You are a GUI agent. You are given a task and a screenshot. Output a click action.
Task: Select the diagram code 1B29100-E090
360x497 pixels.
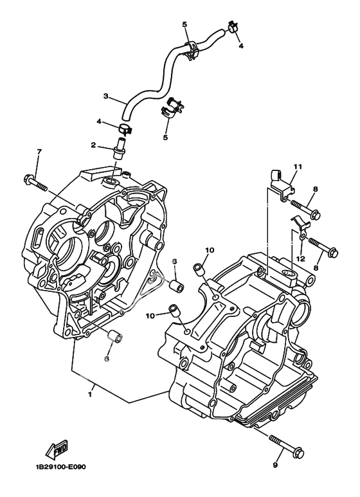pyautogui.click(x=60, y=467)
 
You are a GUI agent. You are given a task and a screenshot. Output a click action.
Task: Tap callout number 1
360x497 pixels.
pyautogui.click(x=90, y=395)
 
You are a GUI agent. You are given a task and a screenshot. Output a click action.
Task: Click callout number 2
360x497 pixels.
pyautogui.click(x=93, y=145)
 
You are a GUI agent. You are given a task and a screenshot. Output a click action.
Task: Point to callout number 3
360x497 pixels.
pyautogui.click(x=106, y=96)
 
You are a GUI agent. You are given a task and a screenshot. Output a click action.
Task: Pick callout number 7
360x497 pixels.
pyautogui.click(x=39, y=152)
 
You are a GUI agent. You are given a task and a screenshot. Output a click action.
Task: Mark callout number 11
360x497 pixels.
pyautogui.click(x=298, y=167)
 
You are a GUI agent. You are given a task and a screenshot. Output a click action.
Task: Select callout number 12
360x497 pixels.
pyautogui.click(x=301, y=259)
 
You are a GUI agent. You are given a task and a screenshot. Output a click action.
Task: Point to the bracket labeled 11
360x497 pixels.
pyautogui.click(x=281, y=185)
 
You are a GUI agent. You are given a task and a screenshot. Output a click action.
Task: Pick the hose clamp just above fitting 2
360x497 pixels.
pyautogui.click(x=125, y=129)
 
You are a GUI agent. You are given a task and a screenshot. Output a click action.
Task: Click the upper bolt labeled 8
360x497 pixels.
pyautogui.click(x=305, y=209)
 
